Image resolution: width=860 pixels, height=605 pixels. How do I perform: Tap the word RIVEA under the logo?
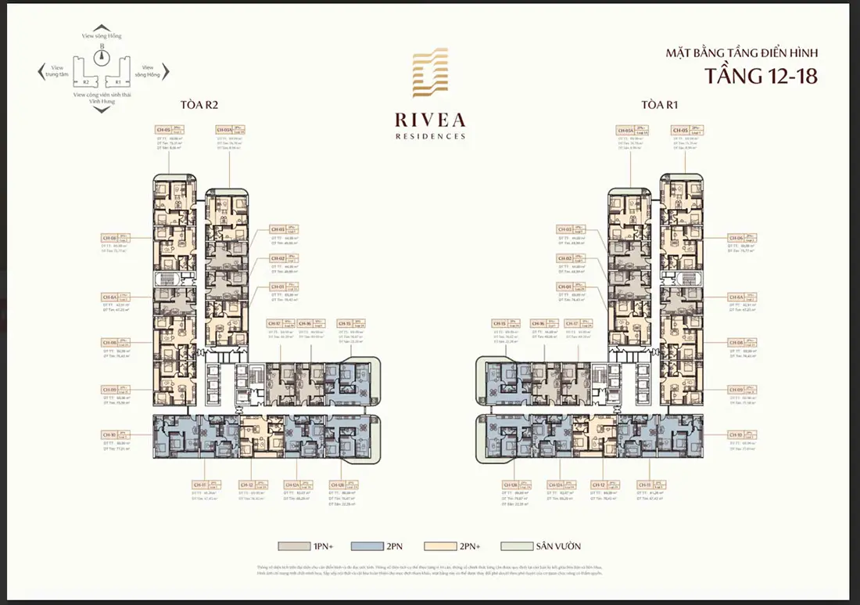click(x=429, y=120)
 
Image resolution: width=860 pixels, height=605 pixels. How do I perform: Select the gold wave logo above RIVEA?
click(x=429, y=77)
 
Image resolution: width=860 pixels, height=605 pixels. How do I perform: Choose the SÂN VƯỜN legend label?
click(x=559, y=546)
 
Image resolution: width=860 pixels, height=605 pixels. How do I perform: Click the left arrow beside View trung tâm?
click(x=41, y=74)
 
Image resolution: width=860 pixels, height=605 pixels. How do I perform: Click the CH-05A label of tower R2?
click(x=224, y=131)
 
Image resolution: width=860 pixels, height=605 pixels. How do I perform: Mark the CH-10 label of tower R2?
click(x=109, y=434)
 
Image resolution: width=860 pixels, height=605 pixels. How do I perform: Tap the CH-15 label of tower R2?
click(x=344, y=323)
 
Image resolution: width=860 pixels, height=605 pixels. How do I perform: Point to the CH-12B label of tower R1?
click(x=511, y=484)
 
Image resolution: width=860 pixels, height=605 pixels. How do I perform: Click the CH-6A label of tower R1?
click(x=736, y=297)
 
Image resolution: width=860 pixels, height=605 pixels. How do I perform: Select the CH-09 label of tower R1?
click(x=736, y=389)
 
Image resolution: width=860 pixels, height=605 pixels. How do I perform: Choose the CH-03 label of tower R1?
click(x=564, y=229)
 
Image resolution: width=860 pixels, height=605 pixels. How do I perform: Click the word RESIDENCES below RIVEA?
click(x=429, y=136)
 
